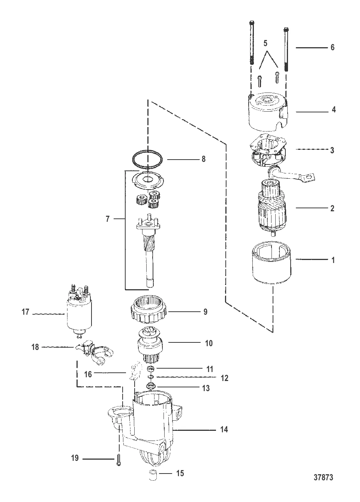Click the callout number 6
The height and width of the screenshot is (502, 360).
click(332, 47)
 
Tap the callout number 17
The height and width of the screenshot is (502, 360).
click(25, 312)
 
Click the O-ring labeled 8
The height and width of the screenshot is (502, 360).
click(147, 159)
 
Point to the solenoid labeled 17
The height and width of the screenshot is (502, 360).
click(79, 314)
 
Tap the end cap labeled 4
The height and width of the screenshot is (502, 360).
click(268, 112)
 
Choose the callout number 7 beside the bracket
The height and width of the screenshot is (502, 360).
click(108, 219)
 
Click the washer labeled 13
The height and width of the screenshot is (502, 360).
click(150, 386)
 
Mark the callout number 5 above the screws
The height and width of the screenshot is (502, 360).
click(265, 43)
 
